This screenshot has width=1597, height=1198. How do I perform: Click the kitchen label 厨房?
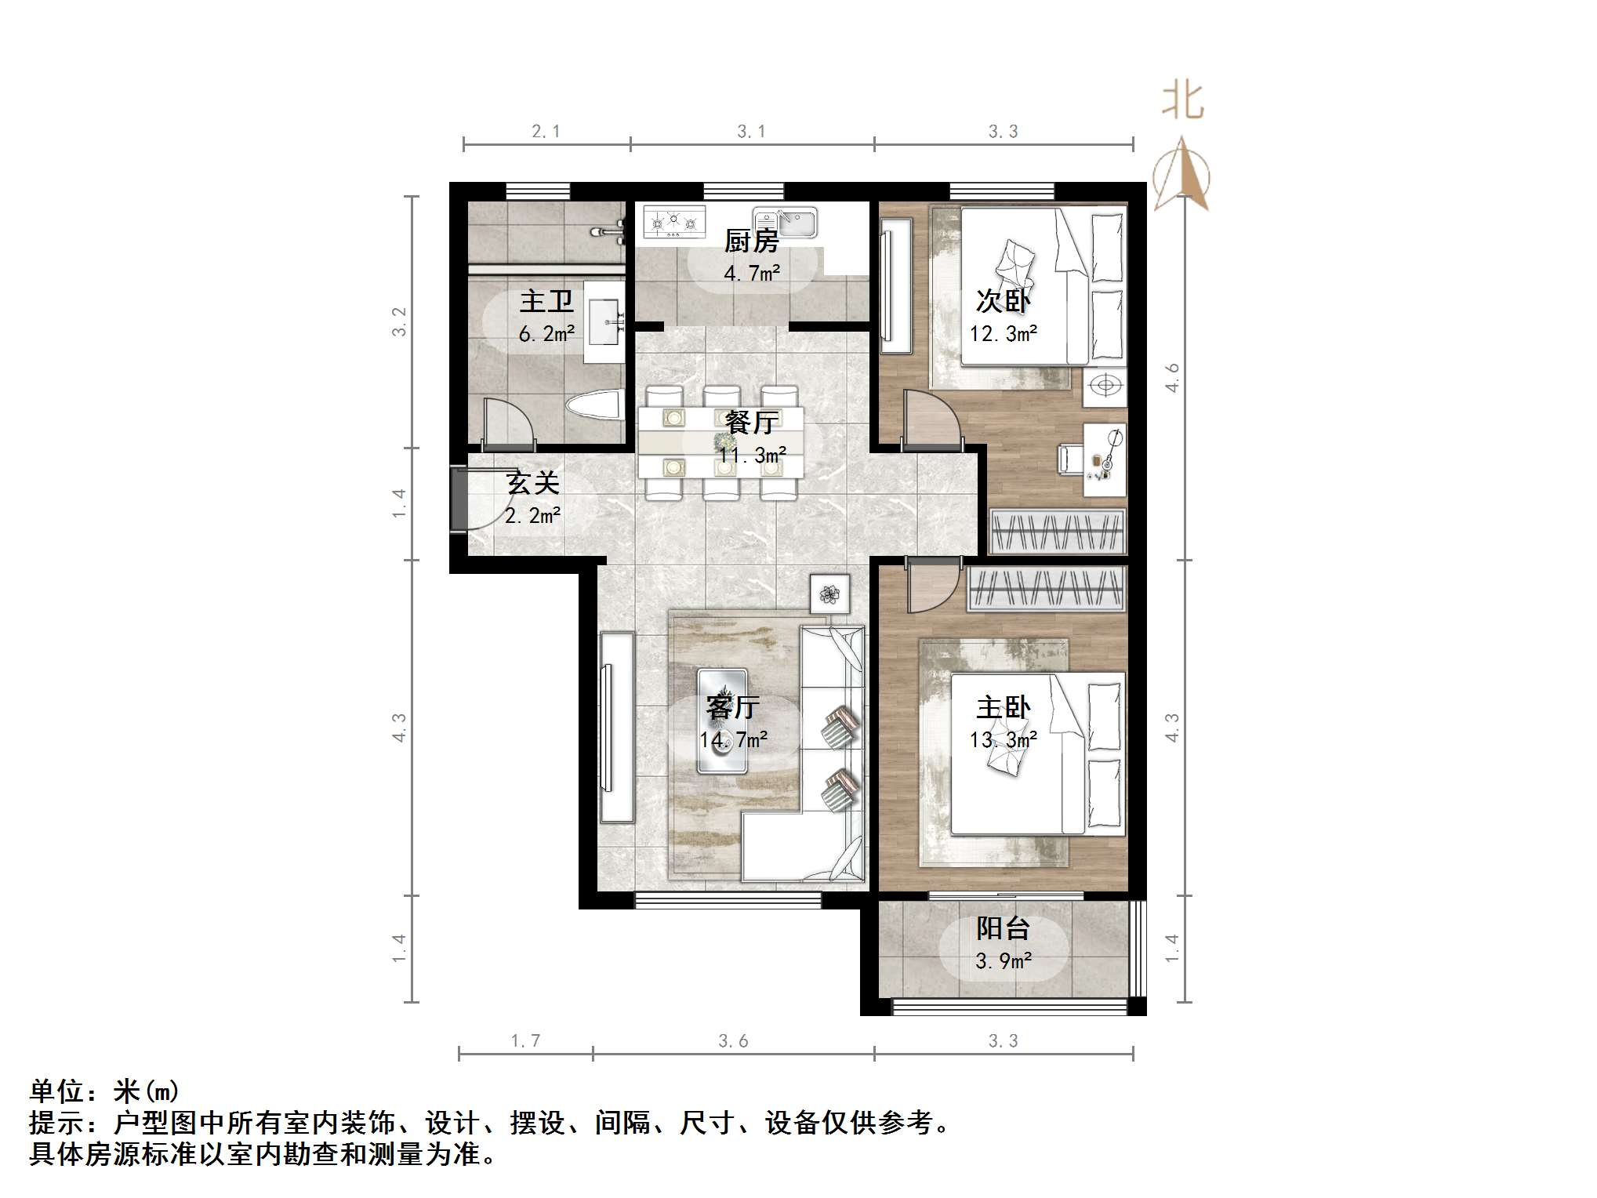point(750,241)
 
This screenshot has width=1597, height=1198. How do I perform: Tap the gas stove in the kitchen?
point(673,222)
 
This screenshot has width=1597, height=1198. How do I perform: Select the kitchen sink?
point(785,222)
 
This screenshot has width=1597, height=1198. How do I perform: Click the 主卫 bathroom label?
point(546,301)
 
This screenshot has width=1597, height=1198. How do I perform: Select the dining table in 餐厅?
point(720,443)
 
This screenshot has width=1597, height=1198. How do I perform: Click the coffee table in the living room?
point(722,720)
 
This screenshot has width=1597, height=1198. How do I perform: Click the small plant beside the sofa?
point(829,594)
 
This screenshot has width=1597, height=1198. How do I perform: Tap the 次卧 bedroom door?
point(930,420)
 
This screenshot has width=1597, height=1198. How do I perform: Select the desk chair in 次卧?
point(1069,458)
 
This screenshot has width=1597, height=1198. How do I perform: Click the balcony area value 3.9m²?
point(1003,960)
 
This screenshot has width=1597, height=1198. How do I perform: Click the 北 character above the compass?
point(1182,102)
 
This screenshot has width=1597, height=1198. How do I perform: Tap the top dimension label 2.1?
point(546,131)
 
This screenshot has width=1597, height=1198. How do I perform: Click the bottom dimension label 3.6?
point(733,1040)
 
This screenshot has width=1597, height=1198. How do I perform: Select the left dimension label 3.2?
point(400,321)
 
